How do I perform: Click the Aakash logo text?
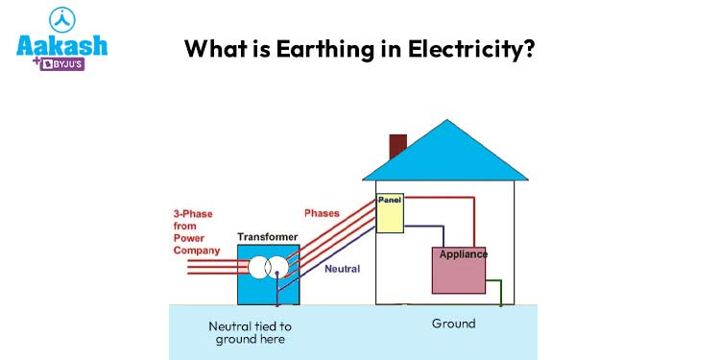[x=61, y=46]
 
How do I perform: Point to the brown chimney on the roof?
[x=397, y=146]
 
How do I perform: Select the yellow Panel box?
[x=389, y=213]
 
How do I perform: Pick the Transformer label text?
[x=267, y=236]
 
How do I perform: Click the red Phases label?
[x=322, y=212]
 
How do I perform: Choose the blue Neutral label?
[x=342, y=269]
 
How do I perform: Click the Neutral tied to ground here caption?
[x=250, y=332]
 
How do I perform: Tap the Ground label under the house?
[x=453, y=324]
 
